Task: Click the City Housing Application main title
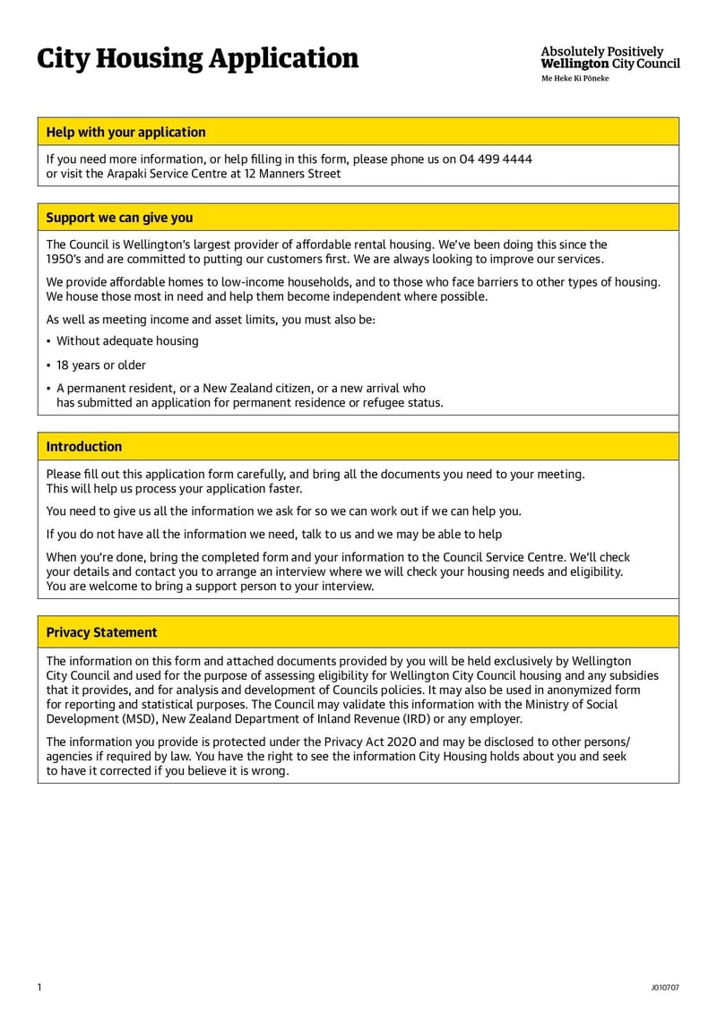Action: (x=197, y=59)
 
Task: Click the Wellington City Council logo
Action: (x=609, y=57)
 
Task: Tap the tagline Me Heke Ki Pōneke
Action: (x=574, y=79)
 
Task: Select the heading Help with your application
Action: (x=125, y=132)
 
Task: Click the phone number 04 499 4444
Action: (x=496, y=159)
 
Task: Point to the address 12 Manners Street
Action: (x=291, y=174)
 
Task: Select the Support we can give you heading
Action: (x=119, y=218)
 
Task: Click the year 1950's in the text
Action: (x=65, y=259)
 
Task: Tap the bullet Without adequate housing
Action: (x=127, y=341)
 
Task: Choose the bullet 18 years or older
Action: (x=100, y=365)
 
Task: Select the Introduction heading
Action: (x=83, y=447)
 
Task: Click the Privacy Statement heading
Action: (x=101, y=632)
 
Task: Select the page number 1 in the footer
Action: (x=39, y=987)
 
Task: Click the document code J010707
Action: (x=665, y=988)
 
